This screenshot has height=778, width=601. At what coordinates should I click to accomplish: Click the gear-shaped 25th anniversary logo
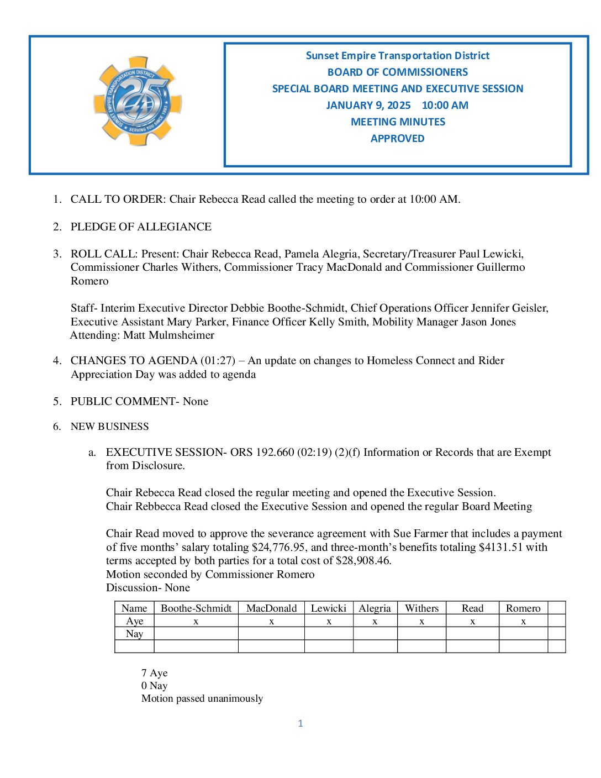(x=138, y=101)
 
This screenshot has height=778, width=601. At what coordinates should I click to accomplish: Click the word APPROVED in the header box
(x=397, y=139)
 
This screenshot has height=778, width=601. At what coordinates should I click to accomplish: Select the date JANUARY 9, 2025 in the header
(x=368, y=106)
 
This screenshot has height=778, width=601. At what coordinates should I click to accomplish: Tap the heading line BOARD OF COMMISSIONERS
(x=397, y=72)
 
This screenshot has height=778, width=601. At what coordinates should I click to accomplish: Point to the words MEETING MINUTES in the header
(x=398, y=122)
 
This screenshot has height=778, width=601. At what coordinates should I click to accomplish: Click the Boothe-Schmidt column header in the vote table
(x=196, y=608)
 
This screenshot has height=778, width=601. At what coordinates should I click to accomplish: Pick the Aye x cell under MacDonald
(x=271, y=622)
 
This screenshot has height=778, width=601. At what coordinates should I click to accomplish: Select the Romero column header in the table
(x=523, y=608)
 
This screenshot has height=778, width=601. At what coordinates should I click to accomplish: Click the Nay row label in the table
(x=134, y=634)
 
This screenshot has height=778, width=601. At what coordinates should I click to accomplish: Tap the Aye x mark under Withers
(x=421, y=622)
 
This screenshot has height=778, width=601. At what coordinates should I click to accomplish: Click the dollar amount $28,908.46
(x=363, y=561)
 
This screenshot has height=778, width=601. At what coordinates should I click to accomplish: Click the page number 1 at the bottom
(x=300, y=723)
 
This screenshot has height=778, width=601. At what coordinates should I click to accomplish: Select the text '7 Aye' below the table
(x=154, y=673)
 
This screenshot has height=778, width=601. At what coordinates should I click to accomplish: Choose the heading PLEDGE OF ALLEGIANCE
(x=141, y=227)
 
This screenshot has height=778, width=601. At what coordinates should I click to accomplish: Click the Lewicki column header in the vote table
(x=329, y=608)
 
